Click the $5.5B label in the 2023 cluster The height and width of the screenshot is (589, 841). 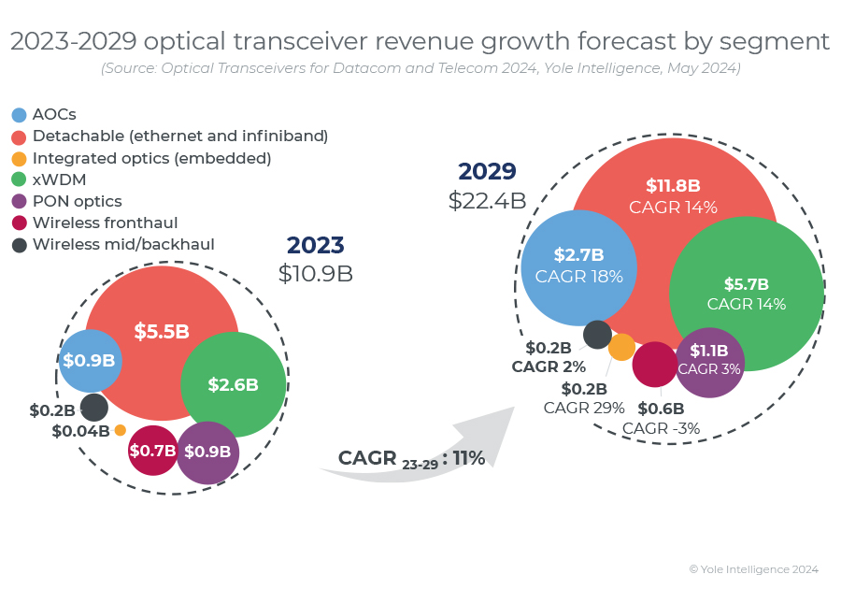(162, 331)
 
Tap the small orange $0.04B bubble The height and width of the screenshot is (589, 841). (121, 430)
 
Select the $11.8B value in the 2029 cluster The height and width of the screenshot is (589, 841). (673, 185)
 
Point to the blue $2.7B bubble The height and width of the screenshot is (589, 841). (578, 266)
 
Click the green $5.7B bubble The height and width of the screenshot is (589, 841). (747, 293)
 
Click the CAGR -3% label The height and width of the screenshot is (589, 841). (661, 429)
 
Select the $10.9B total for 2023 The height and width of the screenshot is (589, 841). (316, 273)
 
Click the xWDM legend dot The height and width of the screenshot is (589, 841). (20, 180)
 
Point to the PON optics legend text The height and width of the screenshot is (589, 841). (77, 201)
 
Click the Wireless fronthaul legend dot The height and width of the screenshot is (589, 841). (20, 223)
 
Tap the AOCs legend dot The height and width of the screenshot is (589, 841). (20, 115)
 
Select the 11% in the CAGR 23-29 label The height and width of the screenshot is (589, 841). (469, 458)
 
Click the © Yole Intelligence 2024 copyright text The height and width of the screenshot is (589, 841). (753, 568)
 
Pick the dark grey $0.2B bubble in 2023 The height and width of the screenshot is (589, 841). (93, 408)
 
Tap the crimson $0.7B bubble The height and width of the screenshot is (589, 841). (152, 451)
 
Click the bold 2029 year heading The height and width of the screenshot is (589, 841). (487, 172)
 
